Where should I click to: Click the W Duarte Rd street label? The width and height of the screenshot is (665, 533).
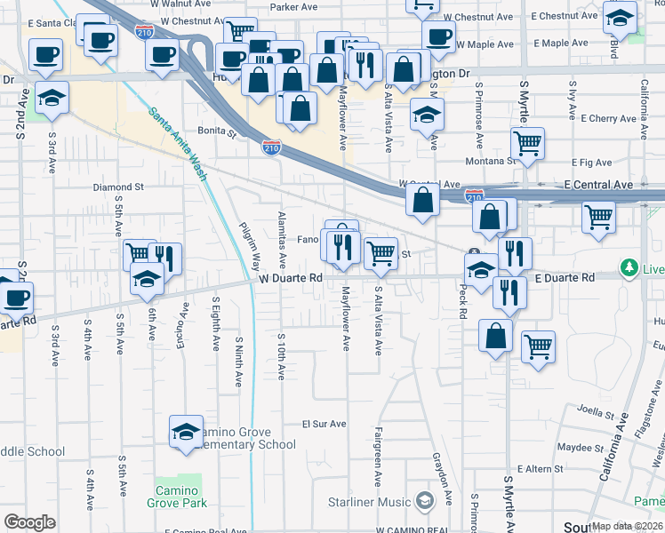(291, 278)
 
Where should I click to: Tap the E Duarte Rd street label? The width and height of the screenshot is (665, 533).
(565, 278)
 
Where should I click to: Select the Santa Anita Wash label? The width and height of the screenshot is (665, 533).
(178, 144)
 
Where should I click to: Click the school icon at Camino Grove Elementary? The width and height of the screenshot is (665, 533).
(187, 433)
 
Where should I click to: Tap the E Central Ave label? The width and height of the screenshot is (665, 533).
(597, 184)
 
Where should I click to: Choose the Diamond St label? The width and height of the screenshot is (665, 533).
(118, 187)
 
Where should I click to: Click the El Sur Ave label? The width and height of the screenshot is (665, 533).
(323, 424)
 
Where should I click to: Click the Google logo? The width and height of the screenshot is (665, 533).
(29, 522)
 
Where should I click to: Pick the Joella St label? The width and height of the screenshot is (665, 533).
(596, 412)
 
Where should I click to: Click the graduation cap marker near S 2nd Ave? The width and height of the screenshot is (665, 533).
(52, 99)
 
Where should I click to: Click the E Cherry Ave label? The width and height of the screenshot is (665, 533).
(608, 118)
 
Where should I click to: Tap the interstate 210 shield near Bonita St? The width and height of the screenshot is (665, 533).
(272, 147)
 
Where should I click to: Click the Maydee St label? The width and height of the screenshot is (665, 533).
(574, 446)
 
